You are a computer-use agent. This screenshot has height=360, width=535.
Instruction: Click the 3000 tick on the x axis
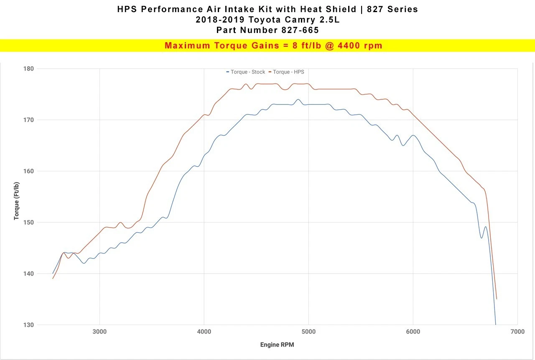click(x=99, y=332)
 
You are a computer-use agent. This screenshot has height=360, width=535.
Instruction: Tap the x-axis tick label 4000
click(x=204, y=332)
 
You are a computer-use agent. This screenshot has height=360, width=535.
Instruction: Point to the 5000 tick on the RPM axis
click(x=308, y=332)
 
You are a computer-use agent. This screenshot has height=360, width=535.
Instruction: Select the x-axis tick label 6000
click(x=413, y=332)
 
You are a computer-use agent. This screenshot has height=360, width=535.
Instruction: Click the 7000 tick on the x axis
click(x=517, y=332)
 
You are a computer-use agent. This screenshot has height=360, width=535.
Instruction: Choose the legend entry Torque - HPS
click(x=288, y=72)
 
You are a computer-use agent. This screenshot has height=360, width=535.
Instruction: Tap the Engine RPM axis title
click(x=277, y=345)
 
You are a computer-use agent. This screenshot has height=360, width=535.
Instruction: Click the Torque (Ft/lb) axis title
click(x=16, y=201)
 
